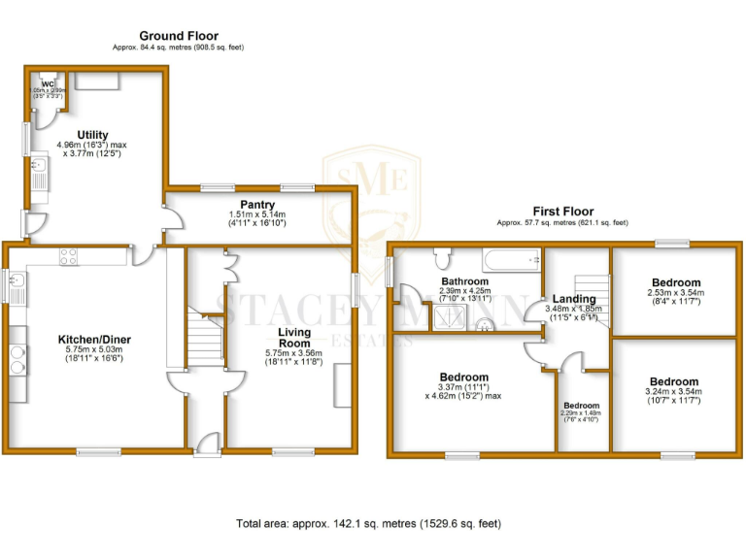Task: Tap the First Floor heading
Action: [x=562, y=211]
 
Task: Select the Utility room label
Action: [x=93, y=135]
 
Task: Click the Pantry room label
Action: [x=257, y=204]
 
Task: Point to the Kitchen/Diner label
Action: [x=95, y=339]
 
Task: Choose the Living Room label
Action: [x=294, y=337]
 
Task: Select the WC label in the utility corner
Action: [x=47, y=83]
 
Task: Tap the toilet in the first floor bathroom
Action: [x=443, y=257]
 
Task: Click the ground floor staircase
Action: [x=206, y=338]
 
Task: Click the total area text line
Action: [x=369, y=524]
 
